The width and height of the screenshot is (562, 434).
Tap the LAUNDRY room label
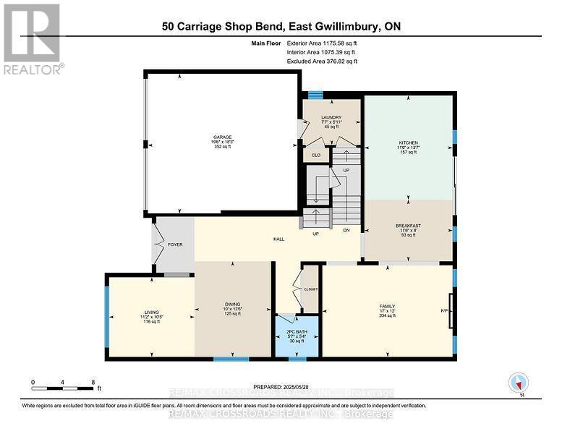point(331,117)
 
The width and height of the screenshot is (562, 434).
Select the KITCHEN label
point(409,142)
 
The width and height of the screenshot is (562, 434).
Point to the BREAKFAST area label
point(408,226)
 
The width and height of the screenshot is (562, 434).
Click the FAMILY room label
point(387,307)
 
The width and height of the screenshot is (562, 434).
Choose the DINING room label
point(232,304)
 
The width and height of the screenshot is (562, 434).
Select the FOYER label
point(175,244)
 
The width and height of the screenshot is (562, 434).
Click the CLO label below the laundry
point(315,154)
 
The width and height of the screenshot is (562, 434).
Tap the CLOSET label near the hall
point(310,289)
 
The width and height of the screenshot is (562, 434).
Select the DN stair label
point(346,231)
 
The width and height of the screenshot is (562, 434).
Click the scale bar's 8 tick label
point(93,381)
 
